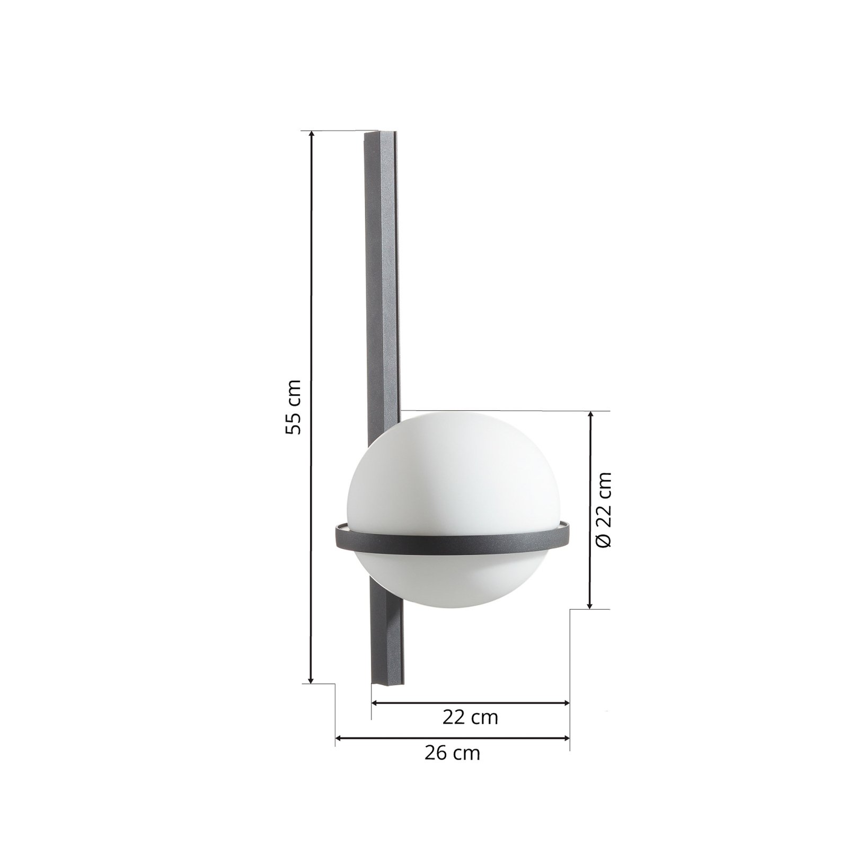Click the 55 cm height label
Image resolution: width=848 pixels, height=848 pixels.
(293, 407)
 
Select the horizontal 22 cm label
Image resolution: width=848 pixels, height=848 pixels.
(470, 718)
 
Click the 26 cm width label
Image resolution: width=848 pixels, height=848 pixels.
(452, 753)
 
